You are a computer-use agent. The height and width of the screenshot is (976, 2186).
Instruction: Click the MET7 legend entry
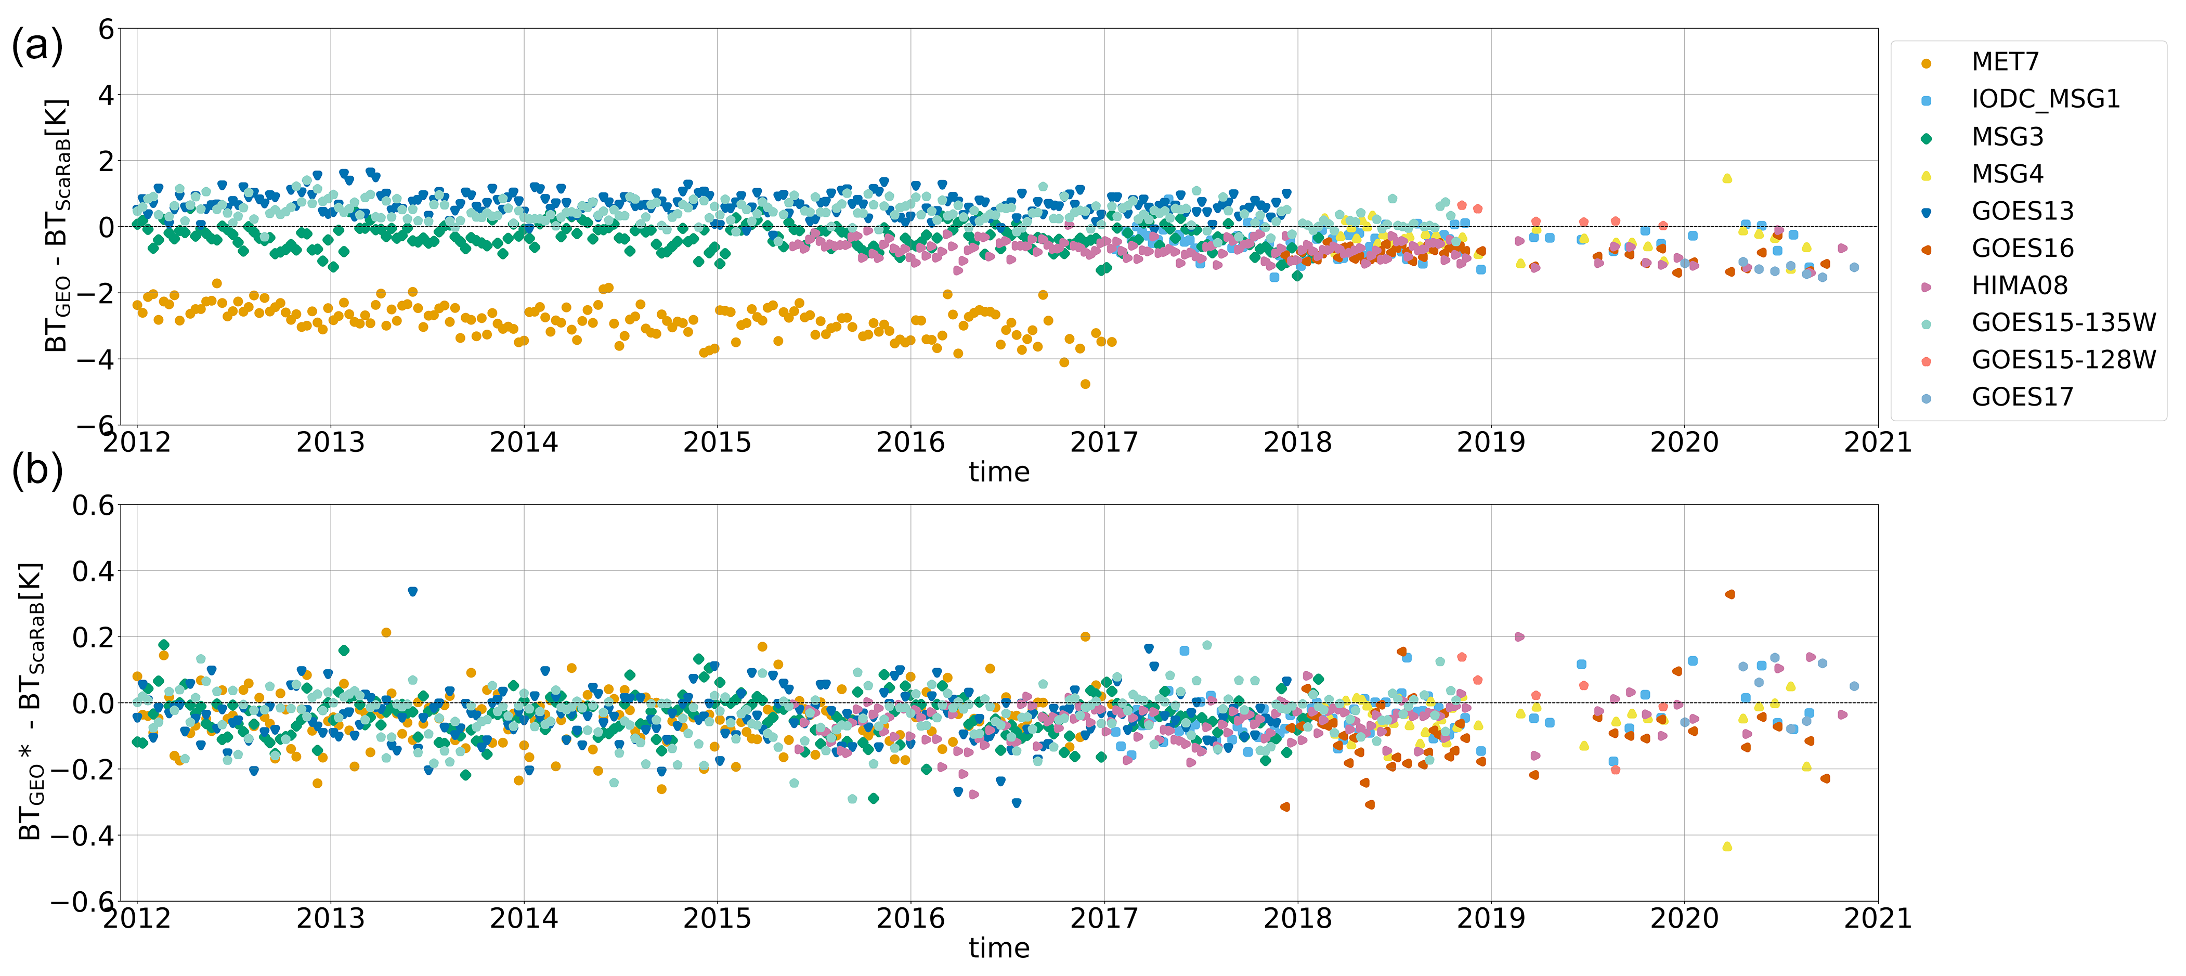2005,62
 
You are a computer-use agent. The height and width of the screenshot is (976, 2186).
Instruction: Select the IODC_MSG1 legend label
2045,99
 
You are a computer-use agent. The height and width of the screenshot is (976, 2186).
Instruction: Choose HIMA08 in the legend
2020,286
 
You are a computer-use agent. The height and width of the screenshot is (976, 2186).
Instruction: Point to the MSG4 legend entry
2007,174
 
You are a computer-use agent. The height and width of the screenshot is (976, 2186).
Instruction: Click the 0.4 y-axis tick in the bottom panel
94,571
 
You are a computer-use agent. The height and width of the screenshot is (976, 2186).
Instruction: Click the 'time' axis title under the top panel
999,472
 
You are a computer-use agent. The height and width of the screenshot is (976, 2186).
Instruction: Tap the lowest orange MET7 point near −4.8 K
1085,384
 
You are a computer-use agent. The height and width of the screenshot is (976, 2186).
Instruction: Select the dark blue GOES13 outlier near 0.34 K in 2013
412,592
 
